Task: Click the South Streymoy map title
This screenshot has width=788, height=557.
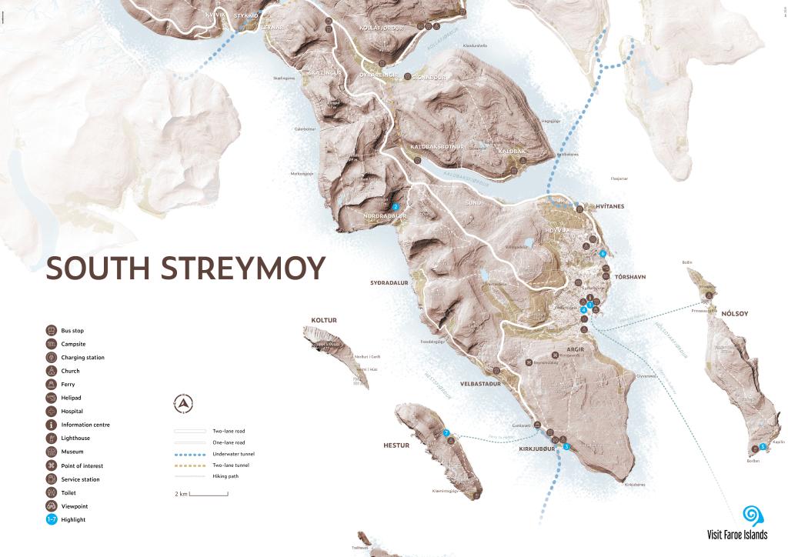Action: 185,268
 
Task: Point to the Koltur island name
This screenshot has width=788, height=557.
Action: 324,320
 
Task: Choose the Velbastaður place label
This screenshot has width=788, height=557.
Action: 480,383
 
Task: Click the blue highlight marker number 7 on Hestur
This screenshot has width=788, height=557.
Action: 446,433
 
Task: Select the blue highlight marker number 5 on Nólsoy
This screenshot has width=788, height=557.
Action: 763,446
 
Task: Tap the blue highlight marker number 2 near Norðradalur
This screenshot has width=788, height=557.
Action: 396,206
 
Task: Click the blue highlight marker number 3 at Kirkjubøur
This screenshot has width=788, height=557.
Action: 566,446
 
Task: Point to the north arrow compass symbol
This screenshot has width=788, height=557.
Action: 183,402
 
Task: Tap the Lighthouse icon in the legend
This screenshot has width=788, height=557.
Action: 52,439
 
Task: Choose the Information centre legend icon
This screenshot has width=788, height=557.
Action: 52,425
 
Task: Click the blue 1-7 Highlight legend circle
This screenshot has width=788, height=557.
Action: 52,519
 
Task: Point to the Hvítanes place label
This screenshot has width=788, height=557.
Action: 609,206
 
